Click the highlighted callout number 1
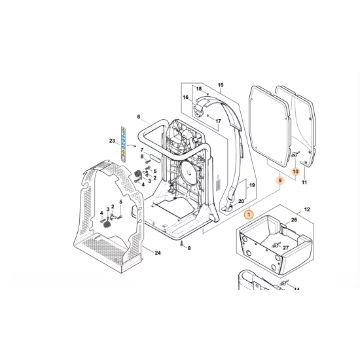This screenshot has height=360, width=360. [249, 215]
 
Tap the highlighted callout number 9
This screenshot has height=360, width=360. [280, 181]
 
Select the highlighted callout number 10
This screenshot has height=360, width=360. [295, 171]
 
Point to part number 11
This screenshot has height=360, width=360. [304, 183]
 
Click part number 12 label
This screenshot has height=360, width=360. [307, 209]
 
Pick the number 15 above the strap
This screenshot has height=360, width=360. [221, 85]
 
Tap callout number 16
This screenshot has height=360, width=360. [185, 97]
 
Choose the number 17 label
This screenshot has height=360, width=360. [218, 121]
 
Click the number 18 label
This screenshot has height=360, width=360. [199, 88]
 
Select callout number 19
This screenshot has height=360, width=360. [252, 185]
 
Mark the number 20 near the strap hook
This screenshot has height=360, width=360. [241, 201]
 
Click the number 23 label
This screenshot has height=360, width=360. [112, 141]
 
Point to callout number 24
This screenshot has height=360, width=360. [158, 253]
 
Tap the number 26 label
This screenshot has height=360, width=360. [294, 220]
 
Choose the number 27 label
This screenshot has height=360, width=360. [285, 247]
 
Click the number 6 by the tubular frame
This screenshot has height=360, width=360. [139, 117]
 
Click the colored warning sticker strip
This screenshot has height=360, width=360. [123, 144]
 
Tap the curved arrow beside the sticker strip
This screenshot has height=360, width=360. [132, 145]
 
